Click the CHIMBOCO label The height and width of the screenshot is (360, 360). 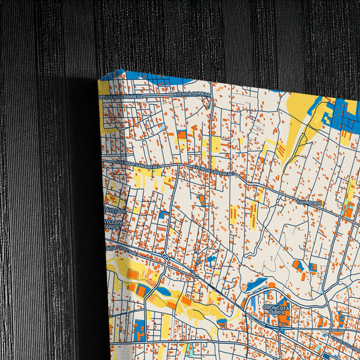point(310,201)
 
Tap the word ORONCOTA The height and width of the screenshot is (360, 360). point(276,308)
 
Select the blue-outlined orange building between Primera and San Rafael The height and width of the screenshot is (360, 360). point(182,134)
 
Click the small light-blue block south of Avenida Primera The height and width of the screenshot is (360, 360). point(161,126)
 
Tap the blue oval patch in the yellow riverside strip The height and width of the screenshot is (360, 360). point(163,291)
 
